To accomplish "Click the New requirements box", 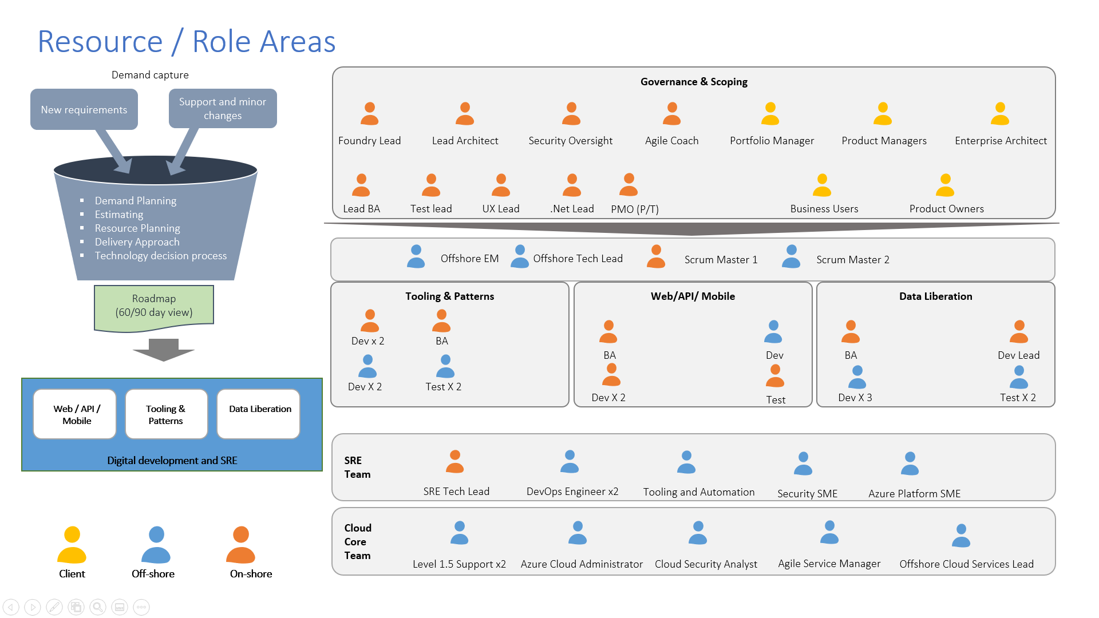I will (84, 109).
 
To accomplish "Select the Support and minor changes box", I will (223, 108).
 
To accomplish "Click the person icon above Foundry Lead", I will (370, 114).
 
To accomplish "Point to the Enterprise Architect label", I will (1001, 141).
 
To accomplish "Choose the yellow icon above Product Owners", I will (945, 185).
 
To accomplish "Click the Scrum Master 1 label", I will (721, 260).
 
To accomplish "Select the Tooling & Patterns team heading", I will (449, 296).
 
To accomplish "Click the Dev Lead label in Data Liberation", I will (1018, 355).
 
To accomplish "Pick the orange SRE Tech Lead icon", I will (455, 462).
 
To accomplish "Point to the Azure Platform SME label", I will (914, 494).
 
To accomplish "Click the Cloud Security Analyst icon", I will (698, 533).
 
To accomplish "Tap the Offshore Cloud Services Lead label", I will (966, 564).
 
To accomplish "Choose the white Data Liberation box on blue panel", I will (259, 413).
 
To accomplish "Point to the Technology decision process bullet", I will (161, 256).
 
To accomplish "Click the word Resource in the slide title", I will (100, 42).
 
